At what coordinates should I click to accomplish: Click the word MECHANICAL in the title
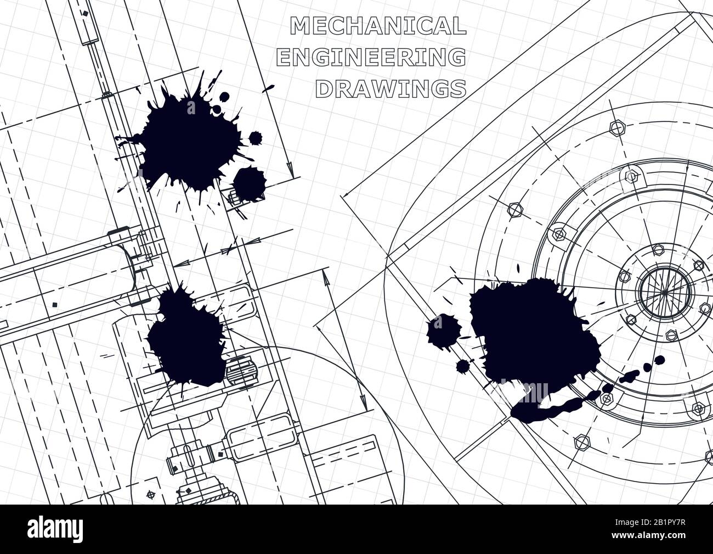tap(378, 26)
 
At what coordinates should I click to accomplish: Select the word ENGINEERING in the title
tap(372, 58)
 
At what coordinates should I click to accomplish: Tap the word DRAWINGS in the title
tap(392, 88)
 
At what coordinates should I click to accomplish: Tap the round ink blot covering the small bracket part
tap(249, 181)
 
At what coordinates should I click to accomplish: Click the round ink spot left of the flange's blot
tap(443, 330)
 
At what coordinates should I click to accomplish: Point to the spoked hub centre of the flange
tap(663, 294)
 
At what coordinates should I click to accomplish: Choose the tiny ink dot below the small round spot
tap(462, 366)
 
